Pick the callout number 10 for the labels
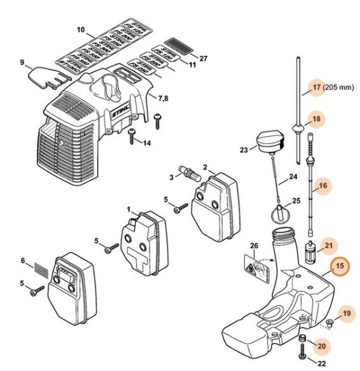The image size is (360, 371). click(81, 30)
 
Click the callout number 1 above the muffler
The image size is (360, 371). click(129, 209)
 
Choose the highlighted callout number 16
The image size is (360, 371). click(323, 186)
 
